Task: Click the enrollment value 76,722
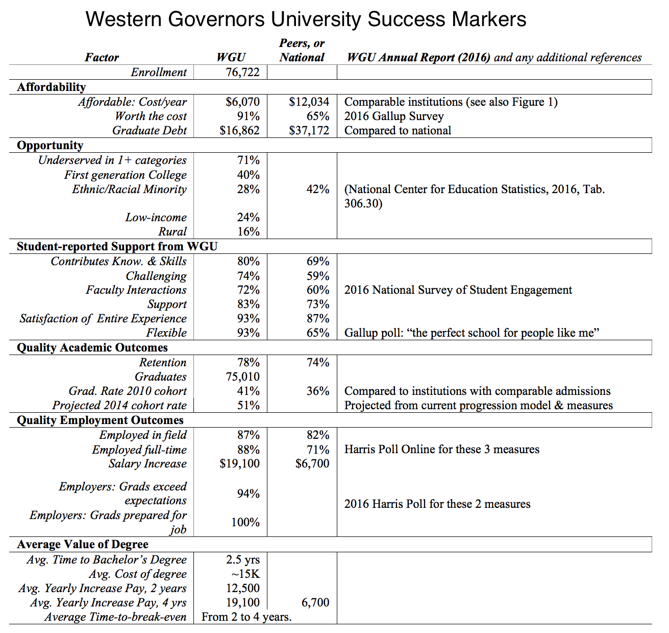pos(242,73)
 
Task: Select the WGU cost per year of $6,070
pos(242,102)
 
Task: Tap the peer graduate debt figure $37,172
pos(309,131)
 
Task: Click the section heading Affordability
pos(51,87)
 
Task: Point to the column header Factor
pos(102,58)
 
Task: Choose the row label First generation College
pos(125,175)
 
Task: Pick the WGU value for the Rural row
pos(248,232)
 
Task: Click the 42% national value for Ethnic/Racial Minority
pos(317,190)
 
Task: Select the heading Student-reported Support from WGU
pos(117,247)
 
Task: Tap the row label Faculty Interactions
pos(136,290)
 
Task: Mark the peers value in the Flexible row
pos(317,333)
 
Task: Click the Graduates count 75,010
pos(242,377)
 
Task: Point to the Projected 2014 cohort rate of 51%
pos(248,406)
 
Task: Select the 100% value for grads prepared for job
pos(245,523)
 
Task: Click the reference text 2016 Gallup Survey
pos(394,116)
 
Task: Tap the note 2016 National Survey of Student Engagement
pos(458,290)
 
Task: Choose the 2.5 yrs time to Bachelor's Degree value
pos(243,560)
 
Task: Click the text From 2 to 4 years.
pos(246,617)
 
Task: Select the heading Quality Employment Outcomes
pos(100,420)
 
